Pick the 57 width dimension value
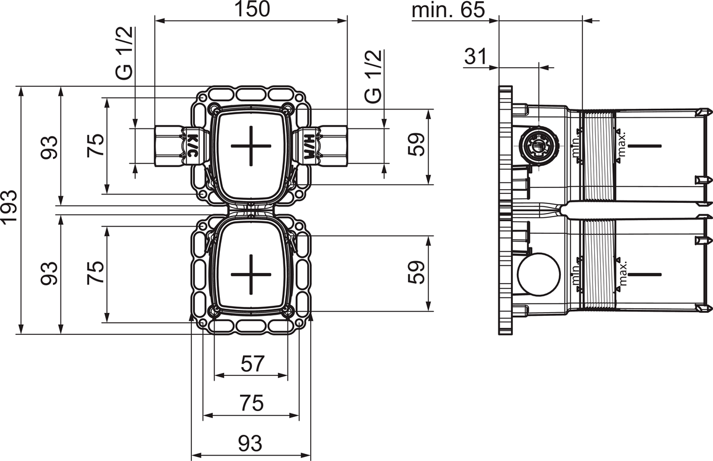(x=252, y=363)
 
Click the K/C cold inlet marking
(x=193, y=144)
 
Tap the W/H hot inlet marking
(x=308, y=144)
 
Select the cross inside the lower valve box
(x=251, y=274)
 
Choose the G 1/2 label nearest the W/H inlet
(x=373, y=77)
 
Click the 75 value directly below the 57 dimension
(x=252, y=403)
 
